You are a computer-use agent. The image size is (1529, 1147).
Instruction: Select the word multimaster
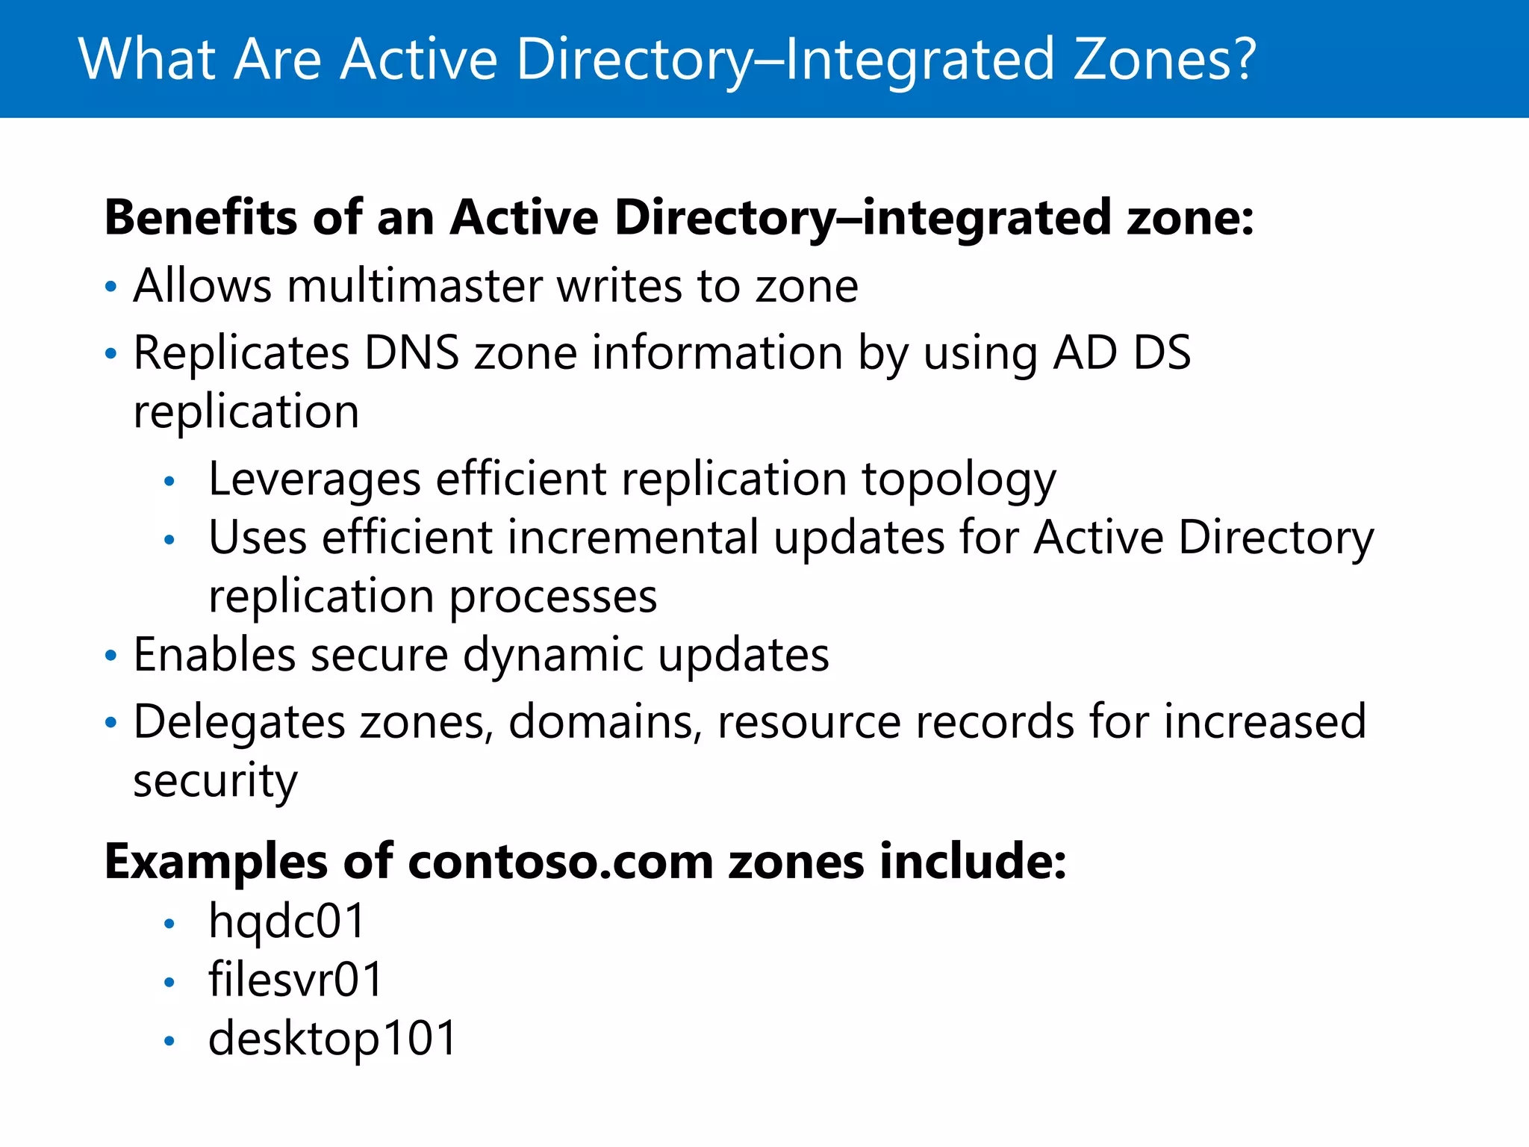pyautogui.click(x=414, y=286)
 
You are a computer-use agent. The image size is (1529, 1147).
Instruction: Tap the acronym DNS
pyautogui.click(x=411, y=352)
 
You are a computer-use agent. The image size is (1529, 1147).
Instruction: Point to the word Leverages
pyautogui.click(x=314, y=479)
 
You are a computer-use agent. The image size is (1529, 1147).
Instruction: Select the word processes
pyautogui.click(x=552, y=597)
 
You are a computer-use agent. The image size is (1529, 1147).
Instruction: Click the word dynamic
pyautogui.click(x=552, y=656)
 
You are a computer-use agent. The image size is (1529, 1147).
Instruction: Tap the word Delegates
pyautogui.click(x=239, y=723)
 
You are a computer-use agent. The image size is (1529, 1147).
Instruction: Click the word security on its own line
pyautogui.click(x=215, y=781)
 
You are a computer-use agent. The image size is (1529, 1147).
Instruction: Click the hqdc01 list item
pyautogui.click(x=287, y=921)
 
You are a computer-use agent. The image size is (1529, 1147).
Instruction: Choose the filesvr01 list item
pyautogui.click(x=296, y=980)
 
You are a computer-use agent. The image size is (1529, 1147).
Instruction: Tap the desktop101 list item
pyautogui.click(x=332, y=1039)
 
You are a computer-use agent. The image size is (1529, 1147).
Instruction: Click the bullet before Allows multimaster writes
pyautogui.click(x=111, y=287)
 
